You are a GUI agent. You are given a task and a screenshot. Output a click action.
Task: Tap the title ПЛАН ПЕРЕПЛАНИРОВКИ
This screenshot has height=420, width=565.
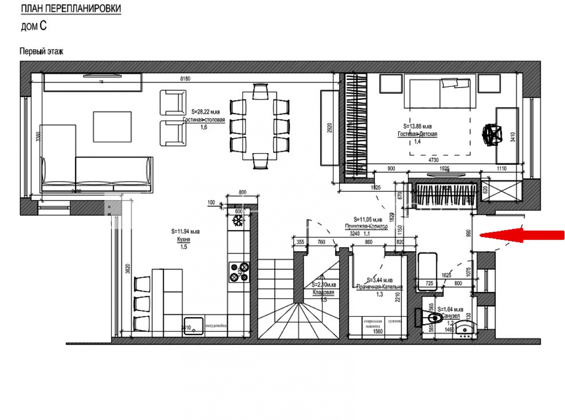tap(71, 9)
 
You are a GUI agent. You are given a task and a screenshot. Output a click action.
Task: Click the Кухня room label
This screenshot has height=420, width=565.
tap(183, 239)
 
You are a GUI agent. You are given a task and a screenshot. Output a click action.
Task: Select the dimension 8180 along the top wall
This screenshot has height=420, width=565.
tap(185, 79)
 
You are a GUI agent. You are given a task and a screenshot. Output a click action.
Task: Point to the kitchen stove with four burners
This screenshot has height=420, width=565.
tap(239, 272)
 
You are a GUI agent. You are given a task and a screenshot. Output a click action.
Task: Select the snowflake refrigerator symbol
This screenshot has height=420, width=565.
tap(238, 221)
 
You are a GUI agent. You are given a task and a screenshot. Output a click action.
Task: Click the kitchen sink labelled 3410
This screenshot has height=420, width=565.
tap(193, 326)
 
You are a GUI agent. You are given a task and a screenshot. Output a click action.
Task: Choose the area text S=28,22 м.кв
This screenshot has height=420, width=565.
tap(205, 112)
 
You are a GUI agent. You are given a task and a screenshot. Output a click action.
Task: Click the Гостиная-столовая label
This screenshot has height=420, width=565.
tap(204, 120)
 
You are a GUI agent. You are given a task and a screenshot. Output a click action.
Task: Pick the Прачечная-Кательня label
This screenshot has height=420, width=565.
tap(380, 287)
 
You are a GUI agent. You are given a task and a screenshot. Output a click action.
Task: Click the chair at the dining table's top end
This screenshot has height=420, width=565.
tap(260, 91)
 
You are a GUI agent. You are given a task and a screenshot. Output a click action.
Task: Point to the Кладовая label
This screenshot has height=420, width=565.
tap(323, 292)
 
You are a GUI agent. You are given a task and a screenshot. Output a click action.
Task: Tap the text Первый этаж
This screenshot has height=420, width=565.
tap(41, 51)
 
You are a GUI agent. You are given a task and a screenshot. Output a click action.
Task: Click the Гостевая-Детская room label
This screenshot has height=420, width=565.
tap(417, 134)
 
